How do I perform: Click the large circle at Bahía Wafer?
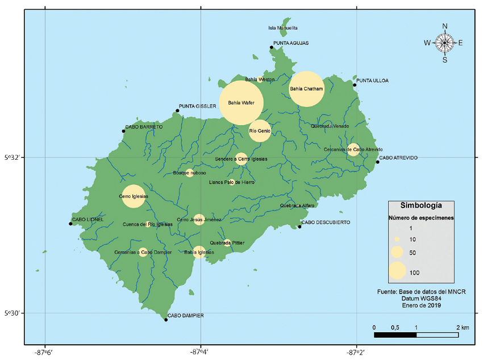tap(241, 102)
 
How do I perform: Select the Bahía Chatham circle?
tap(307, 89)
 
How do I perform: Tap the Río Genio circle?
tap(260, 131)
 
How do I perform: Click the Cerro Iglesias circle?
tap(134, 196)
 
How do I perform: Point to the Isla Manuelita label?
tap(282, 28)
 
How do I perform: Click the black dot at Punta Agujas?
tap(272, 47)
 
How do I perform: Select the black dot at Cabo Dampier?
tap(166, 320)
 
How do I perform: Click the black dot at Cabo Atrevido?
tap(377, 162)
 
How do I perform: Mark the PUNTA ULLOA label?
tap(372, 81)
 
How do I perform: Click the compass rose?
tap(444, 43)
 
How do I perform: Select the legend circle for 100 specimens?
tap(397, 271)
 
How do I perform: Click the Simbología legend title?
tap(421, 205)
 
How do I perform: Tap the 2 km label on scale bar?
tap(461, 328)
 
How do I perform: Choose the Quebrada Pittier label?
tap(227, 243)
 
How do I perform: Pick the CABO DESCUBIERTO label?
tap(325, 222)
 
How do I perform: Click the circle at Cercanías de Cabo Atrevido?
tap(353, 150)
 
